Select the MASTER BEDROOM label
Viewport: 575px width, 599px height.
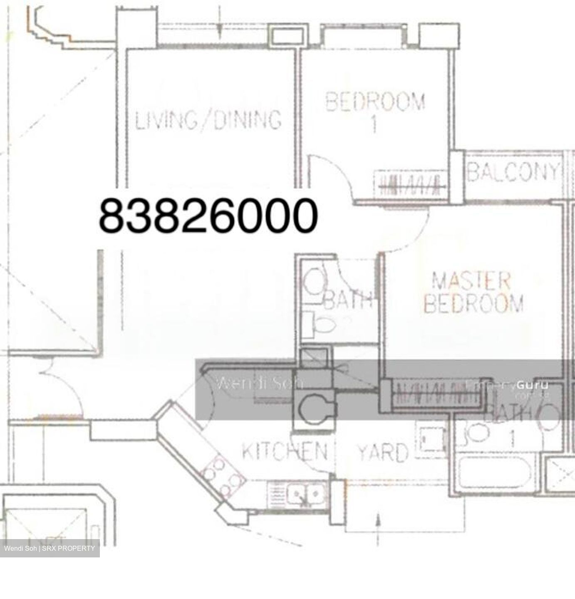pos(473,292)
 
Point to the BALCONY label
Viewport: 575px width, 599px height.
pos(513,172)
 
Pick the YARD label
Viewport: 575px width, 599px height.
pos(383,452)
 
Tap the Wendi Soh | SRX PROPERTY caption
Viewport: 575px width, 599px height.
pos(50,548)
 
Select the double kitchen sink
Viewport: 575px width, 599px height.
pos(308,495)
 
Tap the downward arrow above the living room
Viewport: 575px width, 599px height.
pos(219,27)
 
